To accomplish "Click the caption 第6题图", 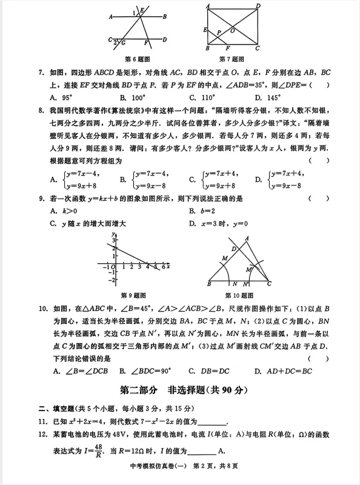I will tap(137, 59).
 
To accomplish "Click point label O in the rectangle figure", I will tap(233, 30).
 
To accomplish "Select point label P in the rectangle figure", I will tap(219, 33).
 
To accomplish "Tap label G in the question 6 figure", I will tap(124, 43).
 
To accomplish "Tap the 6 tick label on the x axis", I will tap(162, 267).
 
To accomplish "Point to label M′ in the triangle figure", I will tap(248, 269).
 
